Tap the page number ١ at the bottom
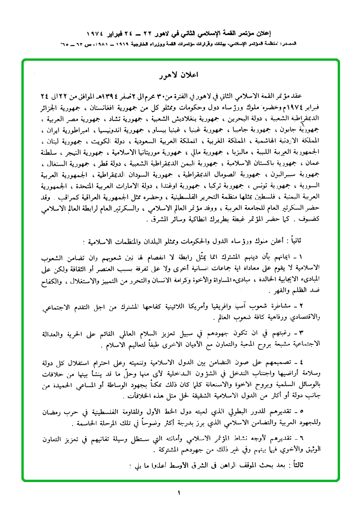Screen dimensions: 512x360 tap(179, 493)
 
